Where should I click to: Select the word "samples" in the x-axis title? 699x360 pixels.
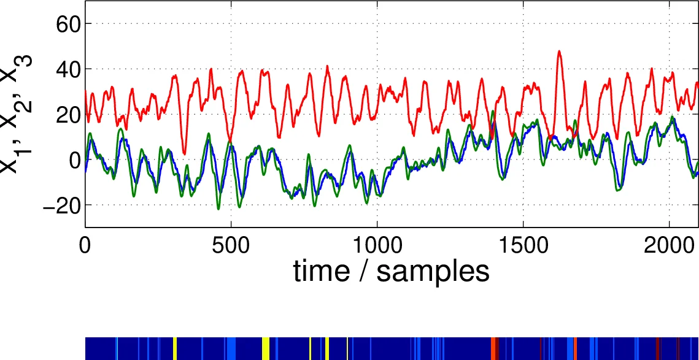point(433,271)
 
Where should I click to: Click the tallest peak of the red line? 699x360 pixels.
point(559,52)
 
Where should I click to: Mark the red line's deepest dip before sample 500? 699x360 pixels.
point(184,153)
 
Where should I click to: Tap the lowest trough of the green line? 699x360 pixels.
point(218,209)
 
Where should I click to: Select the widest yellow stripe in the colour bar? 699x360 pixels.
point(266,348)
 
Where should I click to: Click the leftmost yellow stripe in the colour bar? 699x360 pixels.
point(175,348)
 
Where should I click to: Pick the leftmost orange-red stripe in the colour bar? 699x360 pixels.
point(493,348)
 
